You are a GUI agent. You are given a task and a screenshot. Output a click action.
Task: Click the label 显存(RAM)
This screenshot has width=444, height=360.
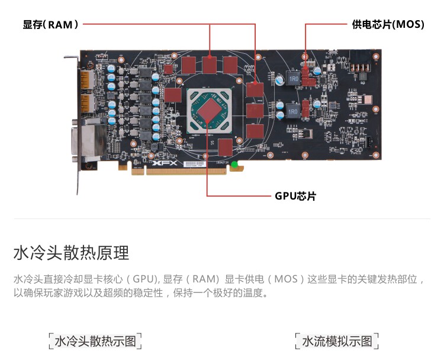[51, 25]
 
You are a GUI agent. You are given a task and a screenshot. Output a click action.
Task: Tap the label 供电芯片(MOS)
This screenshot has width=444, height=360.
[388, 24]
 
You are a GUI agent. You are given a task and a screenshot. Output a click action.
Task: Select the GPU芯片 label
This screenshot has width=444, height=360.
[295, 196]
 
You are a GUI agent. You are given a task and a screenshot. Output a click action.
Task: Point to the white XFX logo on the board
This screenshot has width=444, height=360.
[165, 163]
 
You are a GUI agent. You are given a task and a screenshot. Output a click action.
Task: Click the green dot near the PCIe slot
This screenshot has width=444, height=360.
[234, 164]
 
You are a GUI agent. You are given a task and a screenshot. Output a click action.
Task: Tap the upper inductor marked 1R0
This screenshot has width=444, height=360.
[294, 79]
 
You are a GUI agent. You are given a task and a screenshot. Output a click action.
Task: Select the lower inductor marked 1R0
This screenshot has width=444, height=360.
[293, 112]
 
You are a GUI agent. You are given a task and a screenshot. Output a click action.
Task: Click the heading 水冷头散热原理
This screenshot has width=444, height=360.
[72, 253]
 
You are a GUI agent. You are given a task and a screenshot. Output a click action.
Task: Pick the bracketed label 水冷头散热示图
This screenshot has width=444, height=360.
[95, 341]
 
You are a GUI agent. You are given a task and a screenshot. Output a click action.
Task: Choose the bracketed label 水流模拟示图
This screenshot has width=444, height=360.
[337, 341]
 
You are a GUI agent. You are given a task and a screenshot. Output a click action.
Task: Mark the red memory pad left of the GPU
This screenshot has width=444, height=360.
[172, 95]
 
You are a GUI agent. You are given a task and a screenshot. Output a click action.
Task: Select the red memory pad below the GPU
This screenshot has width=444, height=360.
[226, 147]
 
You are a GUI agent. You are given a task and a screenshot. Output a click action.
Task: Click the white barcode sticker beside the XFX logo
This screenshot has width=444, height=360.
[194, 164]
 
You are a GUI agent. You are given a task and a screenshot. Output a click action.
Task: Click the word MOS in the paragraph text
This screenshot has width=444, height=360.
[287, 279]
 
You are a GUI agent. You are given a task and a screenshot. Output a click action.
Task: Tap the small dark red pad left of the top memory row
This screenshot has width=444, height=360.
[168, 69]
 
